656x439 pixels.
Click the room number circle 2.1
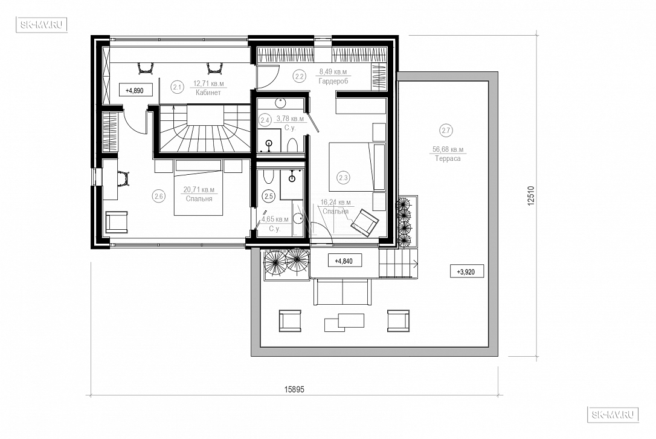point(178,87)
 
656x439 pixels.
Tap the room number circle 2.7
point(446,130)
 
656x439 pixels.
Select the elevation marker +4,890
point(135,90)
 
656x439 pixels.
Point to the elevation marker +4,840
point(344,261)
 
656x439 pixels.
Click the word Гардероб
point(333,81)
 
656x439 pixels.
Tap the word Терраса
point(448,159)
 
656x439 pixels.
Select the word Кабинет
point(208,93)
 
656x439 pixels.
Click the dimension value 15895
point(295,389)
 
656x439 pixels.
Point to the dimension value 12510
point(531,196)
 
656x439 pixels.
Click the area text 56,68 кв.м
point(448,149)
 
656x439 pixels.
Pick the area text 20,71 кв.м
point(199,190)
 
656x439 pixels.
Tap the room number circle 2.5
point(269,196)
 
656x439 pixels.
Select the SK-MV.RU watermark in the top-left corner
point(42,25)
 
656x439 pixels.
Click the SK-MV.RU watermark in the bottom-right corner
point(613,415)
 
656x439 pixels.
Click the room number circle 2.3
point(343,178)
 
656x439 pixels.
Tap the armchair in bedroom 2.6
point(117,221)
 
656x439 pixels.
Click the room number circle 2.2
point(299,76)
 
